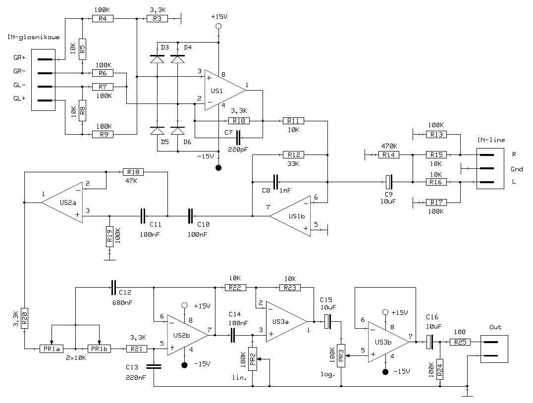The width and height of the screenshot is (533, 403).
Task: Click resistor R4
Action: [103, 19]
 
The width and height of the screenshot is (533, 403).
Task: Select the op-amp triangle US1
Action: [225, 91]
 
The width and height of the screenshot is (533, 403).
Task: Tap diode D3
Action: [157, 59]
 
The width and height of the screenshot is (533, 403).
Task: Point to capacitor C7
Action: [238, 137]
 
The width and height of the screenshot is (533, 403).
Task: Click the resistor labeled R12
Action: [294, 155]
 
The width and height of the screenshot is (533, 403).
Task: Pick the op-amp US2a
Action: [62, 202]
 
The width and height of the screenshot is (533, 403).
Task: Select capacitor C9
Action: [389, 182]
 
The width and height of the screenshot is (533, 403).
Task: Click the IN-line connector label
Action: [491, 140]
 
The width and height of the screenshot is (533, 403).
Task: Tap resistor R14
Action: [389, 155]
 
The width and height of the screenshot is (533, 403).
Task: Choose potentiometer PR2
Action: [253, 359]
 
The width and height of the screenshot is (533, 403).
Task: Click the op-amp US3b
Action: [389, 342]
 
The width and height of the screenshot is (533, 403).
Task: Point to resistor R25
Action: [460, 342]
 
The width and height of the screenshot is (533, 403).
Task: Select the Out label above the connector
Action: [495, 327]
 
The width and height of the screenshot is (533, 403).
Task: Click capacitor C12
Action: [113, 288]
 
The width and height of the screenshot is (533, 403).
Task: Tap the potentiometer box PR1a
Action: [52, 349]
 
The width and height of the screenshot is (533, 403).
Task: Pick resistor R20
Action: [24, 318]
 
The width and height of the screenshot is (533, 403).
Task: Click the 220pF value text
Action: [238, 149]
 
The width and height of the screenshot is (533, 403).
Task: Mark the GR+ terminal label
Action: [19, 58]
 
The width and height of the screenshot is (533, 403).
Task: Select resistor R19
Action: [109, 237]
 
